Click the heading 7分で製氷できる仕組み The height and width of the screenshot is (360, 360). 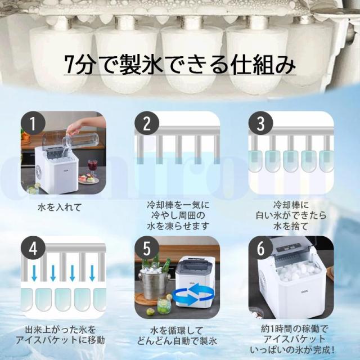click(x=180, y=66)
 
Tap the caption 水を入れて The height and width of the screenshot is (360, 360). click(x=62, y=208)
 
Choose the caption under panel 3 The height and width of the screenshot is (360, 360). click(x=291, y=215)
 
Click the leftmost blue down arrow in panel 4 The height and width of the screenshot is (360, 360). click(x=35, y=274)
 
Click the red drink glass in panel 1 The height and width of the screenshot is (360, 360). click(x=93, y=166)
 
